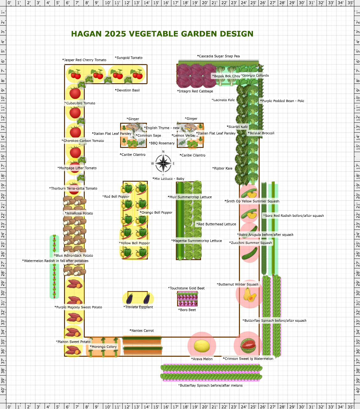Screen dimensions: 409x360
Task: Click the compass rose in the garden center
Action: click(x=163, y=163)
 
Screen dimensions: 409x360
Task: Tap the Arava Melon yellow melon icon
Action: click(x=202, y=346)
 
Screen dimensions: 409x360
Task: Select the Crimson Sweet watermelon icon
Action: click(x=248, y=346)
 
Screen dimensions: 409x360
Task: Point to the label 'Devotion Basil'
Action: click(x=127, y=90)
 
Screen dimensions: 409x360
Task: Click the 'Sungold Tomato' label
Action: click(x=129, y=58)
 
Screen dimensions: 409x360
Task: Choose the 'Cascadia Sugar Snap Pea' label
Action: click(x=218, y=56)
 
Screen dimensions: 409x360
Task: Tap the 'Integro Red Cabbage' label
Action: click(x=195, y=91)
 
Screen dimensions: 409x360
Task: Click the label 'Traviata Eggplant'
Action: click(x=138, y=307)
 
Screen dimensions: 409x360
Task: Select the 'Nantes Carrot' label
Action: click(x=142, y=331)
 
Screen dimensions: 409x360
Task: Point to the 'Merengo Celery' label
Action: click(x=103, y=347)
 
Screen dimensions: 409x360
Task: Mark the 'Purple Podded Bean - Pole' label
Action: click(x=282, y=101)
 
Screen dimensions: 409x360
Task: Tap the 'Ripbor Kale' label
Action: click(x=222, y=168)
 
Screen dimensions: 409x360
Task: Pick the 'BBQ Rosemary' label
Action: click(x=162, y=143)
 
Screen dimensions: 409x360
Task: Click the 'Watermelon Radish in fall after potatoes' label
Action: click(x=55, y=261)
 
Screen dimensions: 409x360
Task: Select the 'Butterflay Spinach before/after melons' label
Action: click(x=210, y=385)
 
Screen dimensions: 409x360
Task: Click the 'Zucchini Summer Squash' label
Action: click(x=251, y=243)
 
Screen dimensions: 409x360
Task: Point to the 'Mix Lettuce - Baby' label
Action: click(x=168, y=179)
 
